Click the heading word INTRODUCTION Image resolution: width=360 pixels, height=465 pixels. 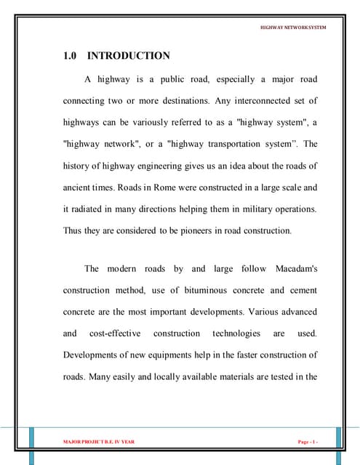129,56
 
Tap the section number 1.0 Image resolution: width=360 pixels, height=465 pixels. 71,56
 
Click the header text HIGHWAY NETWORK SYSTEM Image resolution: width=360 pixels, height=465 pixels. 293,28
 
